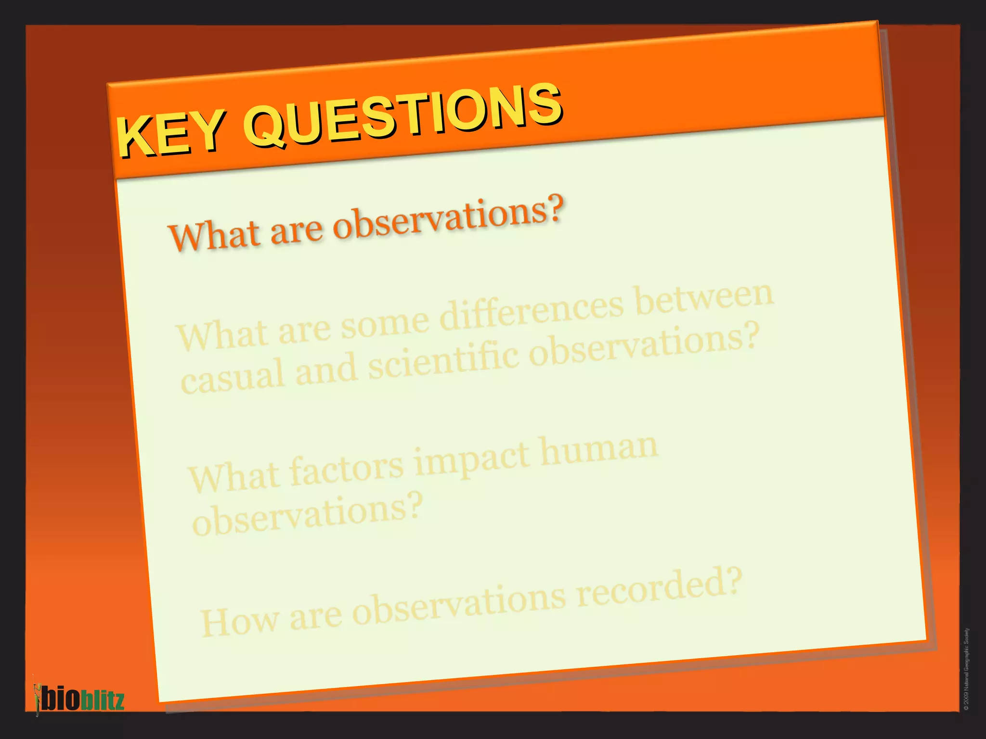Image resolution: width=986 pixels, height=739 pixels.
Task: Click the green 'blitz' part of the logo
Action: pos(102,700)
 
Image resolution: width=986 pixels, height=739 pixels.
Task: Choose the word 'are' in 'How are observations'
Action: pos(315,616)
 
